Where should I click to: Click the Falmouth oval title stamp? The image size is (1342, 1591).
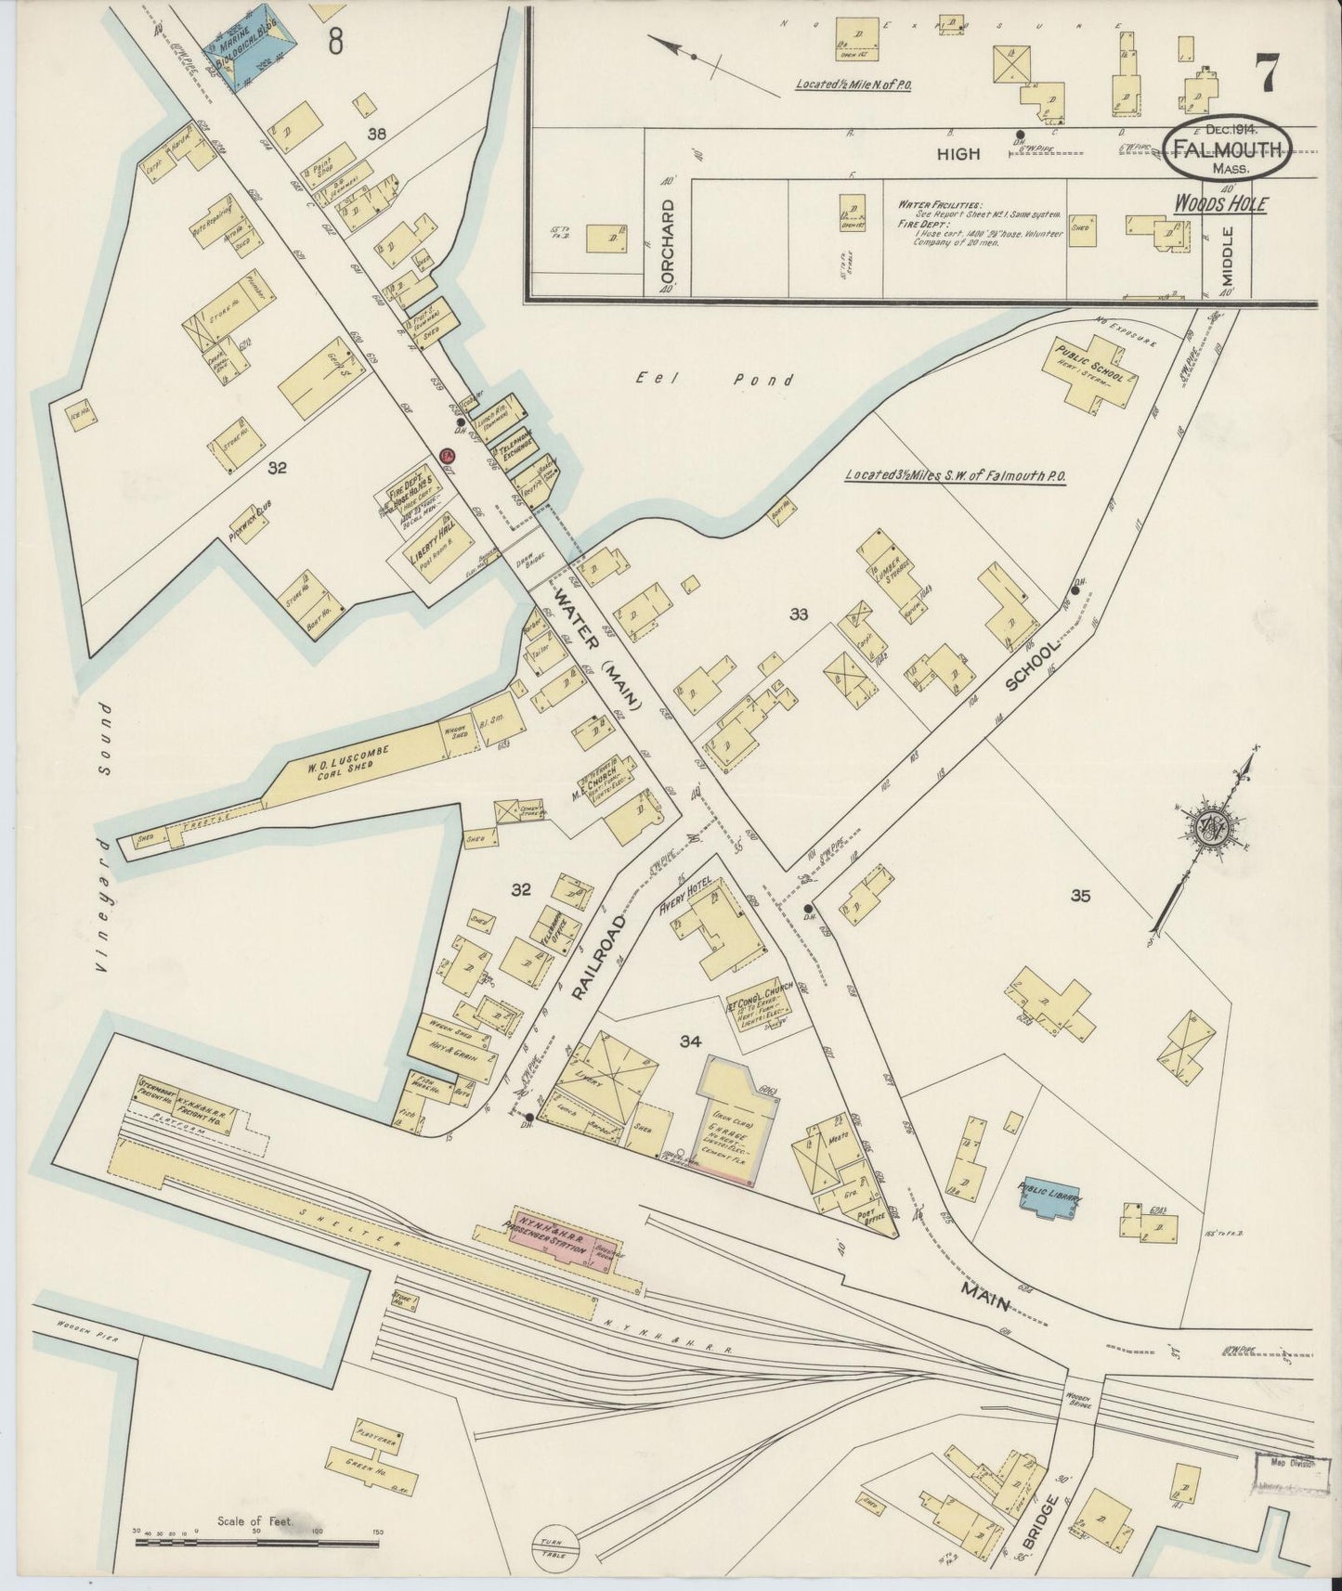click(1229, 149)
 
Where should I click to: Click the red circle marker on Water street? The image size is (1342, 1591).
click(447, 455)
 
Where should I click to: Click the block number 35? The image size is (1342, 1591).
click(1080, 897)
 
